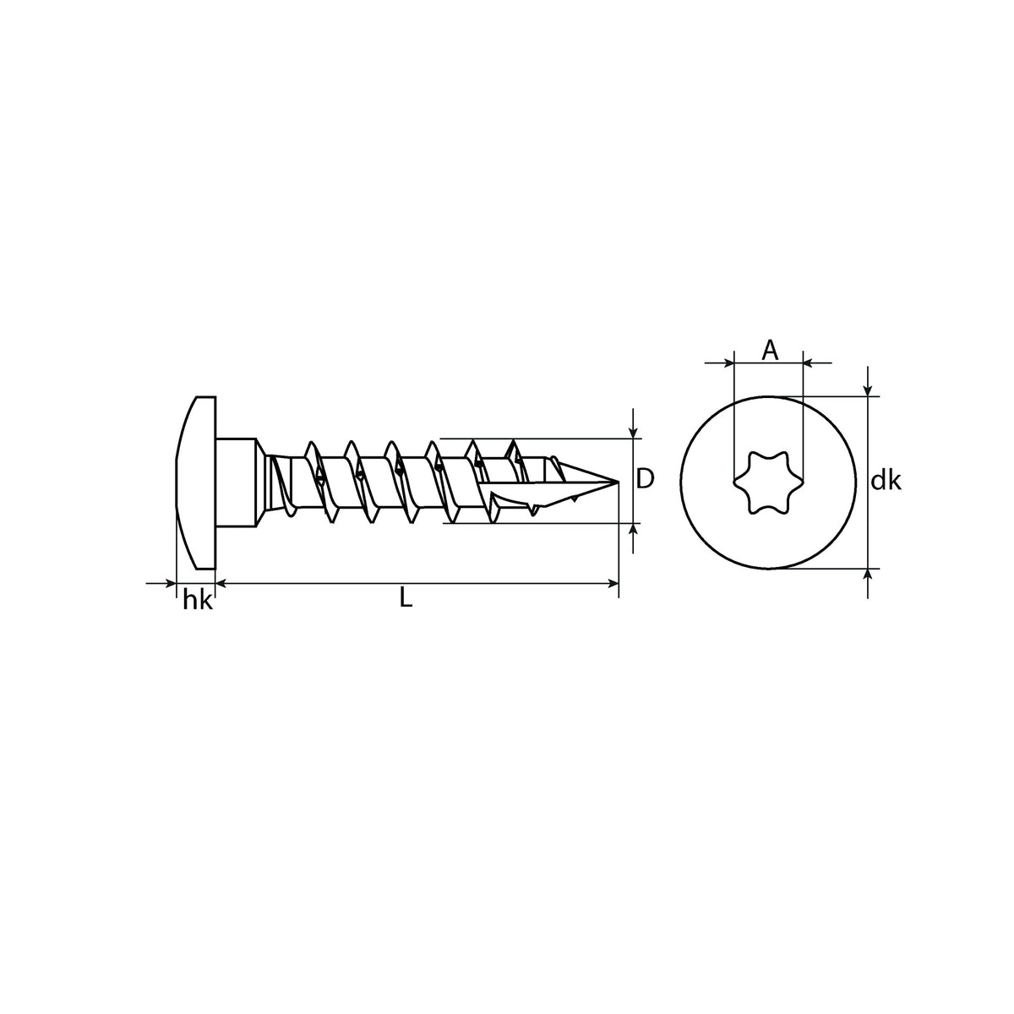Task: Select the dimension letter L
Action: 406,597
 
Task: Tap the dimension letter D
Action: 645,478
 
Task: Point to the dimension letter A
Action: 770,350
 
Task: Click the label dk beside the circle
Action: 886,481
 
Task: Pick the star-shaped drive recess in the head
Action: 768,482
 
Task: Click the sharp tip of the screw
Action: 617,482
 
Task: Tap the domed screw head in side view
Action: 196,482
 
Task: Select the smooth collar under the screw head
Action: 237,482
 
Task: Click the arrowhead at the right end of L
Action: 613,583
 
